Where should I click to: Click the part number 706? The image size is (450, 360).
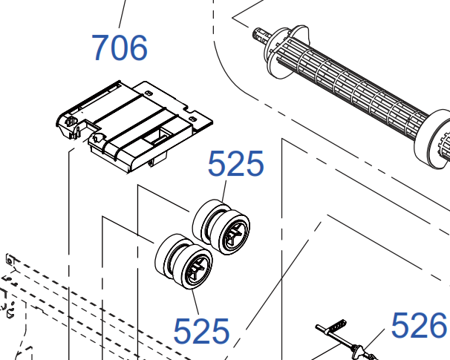(120, 48)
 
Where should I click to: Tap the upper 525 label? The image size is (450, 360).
(235, 163)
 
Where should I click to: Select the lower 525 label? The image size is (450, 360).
(201, 331)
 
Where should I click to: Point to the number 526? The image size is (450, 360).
(419, 325)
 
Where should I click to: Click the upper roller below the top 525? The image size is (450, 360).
(221, 227)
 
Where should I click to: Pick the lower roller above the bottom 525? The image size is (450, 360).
(183, 261)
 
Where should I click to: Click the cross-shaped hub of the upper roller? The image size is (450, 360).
(234, 234)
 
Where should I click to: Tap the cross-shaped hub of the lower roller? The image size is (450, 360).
(197, 269)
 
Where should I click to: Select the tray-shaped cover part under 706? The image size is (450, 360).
(134, 127)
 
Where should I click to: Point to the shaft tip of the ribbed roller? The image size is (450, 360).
(259, 35)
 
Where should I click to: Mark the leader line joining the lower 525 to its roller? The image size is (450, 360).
(195, 302)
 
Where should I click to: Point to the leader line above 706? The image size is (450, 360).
(123, 14)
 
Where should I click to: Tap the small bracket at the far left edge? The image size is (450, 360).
(10, 261)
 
